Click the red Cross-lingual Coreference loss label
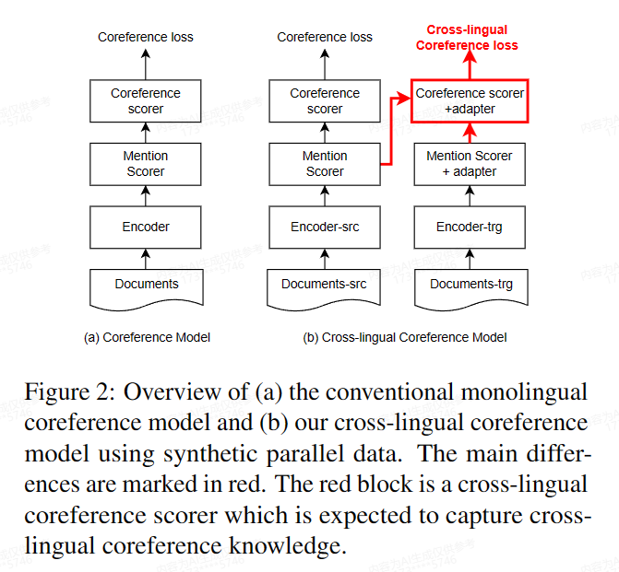click(x=467, y=38)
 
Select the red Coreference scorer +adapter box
click(x=469, y=100)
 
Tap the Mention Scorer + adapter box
click(x=469, y=164)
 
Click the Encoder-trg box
click(x=469, y=227)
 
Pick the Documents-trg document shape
click(x=469, y=286)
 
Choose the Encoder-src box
click(x=324, y=227)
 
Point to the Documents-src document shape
click(x=324, y=286)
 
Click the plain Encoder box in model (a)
click(x=146, y=227)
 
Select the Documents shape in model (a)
click(x=146, y=286)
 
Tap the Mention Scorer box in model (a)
click(x=146, y=164)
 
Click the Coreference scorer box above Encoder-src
click(x=324, y=100)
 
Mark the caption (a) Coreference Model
click(x=147, y=337)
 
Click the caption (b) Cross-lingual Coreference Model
click(x=405, y=337)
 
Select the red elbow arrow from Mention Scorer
click(x=392, y=129)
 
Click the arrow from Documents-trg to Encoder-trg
click(x=469, y=257)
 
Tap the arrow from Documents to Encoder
click(x=146, y=257)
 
